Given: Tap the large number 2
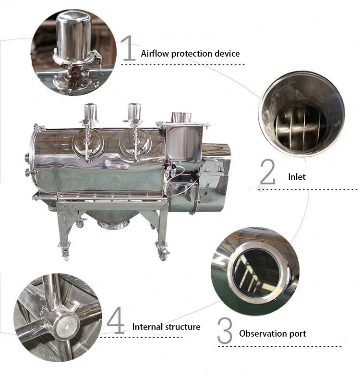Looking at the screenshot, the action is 268,172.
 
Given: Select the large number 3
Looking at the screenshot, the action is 225,330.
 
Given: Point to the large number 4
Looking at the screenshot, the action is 116,320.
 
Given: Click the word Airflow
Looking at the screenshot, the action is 155,53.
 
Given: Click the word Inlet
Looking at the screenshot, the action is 297,177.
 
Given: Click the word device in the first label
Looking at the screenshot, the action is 227,53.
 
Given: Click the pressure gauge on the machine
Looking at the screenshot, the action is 168,166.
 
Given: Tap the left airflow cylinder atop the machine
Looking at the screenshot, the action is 90,112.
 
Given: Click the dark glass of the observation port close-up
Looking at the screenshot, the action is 256,273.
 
